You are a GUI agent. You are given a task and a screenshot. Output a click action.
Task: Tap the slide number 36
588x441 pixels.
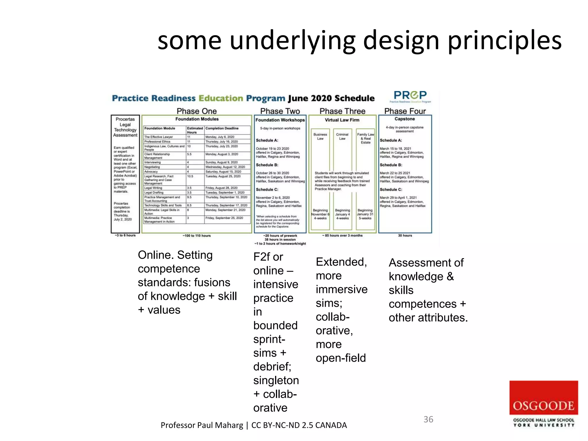(x=428, y=419)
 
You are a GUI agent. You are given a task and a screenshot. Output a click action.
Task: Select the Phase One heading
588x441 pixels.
(x=197, y=111)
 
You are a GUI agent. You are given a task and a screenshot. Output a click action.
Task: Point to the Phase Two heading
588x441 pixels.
(x=280, y=111)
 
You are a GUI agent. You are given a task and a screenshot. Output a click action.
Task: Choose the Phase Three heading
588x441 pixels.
(x=342, y=111)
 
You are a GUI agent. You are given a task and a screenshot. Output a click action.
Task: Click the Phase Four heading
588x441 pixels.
(x=405, y=111)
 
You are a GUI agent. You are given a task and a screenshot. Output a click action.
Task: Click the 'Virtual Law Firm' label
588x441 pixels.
(x=342, y=120)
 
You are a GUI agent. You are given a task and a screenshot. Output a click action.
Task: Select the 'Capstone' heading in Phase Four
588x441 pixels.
(x=405, y=119)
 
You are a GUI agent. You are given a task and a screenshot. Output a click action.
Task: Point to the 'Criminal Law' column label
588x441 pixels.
(x=342, y=136)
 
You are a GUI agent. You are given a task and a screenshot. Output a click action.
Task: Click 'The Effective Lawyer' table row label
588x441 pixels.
(x=158, y=137)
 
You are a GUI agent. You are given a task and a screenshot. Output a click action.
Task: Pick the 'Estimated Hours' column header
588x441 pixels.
(x=195, y=130)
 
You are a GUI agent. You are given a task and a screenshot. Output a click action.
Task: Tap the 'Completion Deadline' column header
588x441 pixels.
(x=222, y=128)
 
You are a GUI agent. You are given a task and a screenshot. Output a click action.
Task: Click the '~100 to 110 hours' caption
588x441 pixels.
(x=197, y=236)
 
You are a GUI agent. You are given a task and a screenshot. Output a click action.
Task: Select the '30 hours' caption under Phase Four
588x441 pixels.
(x=405, y=235)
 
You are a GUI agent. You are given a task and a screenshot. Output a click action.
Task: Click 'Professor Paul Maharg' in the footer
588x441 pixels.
(x=202, y=425)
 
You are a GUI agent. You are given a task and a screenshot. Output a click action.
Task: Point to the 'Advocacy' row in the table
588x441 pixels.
(x=151, y=172)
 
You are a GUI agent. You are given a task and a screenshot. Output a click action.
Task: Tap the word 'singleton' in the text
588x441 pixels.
(x=276, y=380)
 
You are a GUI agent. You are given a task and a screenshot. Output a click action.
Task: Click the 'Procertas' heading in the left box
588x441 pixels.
(x=125, y=119)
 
